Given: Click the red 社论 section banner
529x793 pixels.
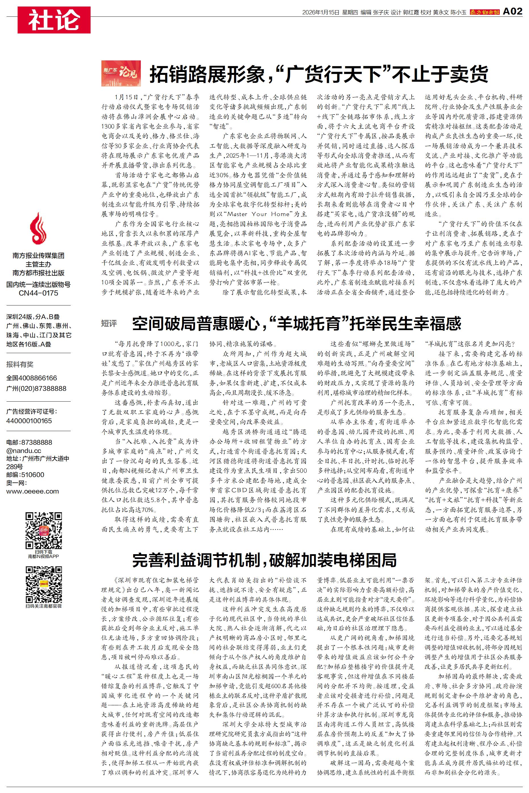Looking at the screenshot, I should tap(54, 20).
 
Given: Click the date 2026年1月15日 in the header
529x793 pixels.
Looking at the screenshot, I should tap(321, 12).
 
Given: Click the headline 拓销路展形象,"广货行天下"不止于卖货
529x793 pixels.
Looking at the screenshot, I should tap(319, 74).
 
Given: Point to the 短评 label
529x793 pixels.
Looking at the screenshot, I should tap(109, 323).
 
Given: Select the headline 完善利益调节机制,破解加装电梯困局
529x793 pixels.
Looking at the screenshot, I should tap(264, 560).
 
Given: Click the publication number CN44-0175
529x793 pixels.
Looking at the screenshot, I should tap(38, 293).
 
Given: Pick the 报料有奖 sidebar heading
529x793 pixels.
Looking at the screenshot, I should tap(20, 364).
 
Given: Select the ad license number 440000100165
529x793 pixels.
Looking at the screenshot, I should tap(29, 421).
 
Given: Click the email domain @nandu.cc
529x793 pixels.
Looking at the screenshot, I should tap(24, 451).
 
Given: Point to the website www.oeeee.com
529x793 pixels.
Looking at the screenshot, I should tap(32, 491).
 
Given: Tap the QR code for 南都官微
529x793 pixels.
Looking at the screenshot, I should tap(44, 585).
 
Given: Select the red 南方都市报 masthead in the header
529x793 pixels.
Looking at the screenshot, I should tap(485, 12).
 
